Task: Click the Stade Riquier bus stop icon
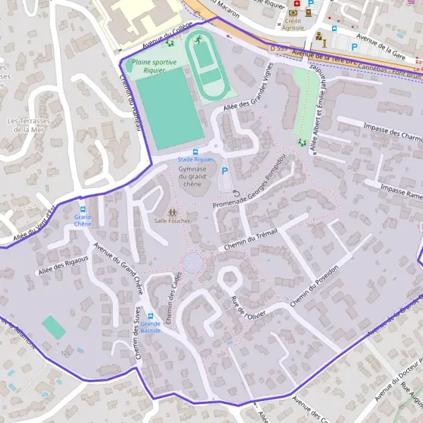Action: (x=195, y=152)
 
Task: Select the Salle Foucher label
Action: (x=173, y=220)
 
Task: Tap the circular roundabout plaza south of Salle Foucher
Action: (x=192, y=264)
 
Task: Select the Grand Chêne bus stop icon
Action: (x=82, y=209)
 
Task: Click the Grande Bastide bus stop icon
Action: (x=150, y=315)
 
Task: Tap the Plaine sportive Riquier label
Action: (x=154, y=66)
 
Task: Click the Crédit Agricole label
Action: (x=293, y=24)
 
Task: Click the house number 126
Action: (x=66, y=352)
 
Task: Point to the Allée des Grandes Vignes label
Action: (x=247, y=98)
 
